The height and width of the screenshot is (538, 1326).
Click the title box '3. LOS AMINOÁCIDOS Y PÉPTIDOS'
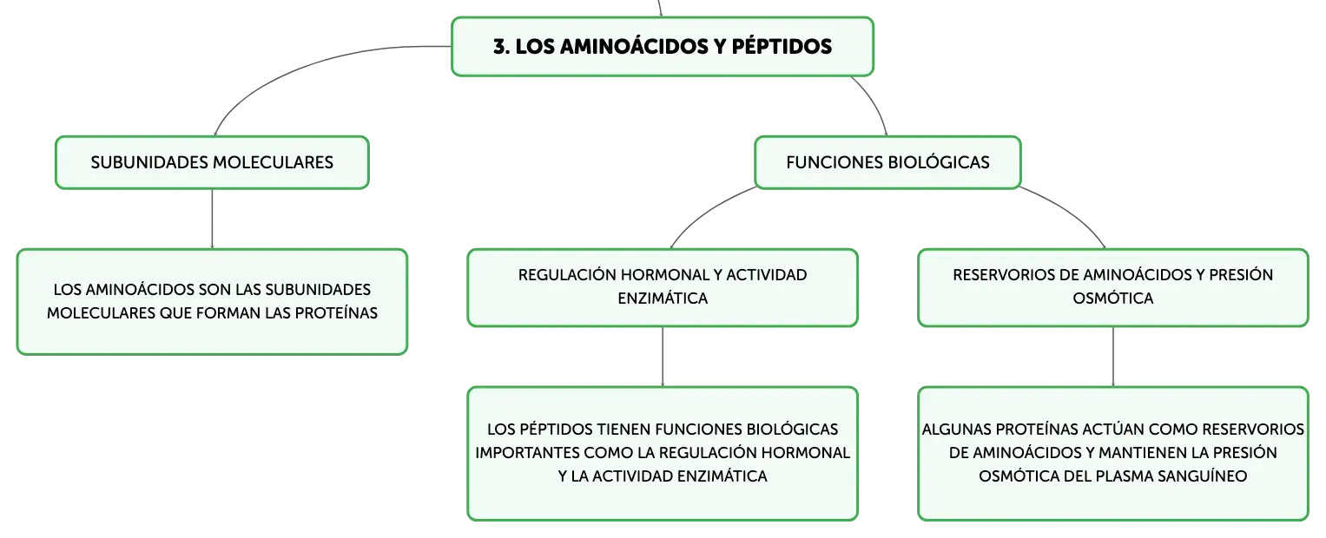(x=663, y=46)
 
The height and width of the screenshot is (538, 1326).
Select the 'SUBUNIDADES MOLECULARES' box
(x=212, y=162)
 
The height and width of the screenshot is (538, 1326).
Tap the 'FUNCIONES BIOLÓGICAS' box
(x=887, y=162)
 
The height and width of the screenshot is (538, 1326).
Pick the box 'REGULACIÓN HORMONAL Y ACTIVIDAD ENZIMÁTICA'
(x=663, y=287)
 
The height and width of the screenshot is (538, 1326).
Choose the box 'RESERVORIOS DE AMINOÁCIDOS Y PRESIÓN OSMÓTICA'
(x=1113, y=287)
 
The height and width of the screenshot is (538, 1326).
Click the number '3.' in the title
(x=501, y=46)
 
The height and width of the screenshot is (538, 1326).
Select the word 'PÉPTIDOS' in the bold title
(x=782, y=46)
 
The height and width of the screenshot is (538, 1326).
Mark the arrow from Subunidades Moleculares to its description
(x=212, y=219)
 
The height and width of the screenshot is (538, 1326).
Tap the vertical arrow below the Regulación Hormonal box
(x=663, y=357)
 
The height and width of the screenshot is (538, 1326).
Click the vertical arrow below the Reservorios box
(x=1113, y=357)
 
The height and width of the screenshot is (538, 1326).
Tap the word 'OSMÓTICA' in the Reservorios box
(x=1113, y=299)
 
